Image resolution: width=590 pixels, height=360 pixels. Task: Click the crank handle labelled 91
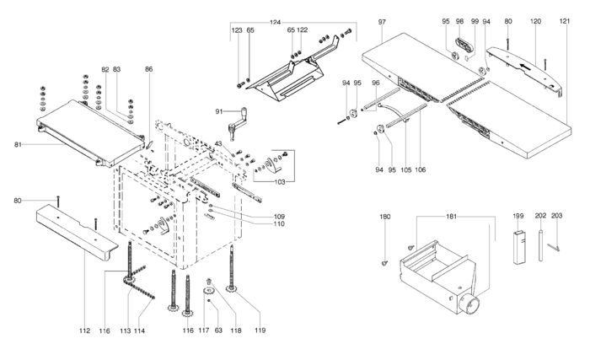238,121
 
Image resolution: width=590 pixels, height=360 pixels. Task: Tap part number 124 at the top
275,22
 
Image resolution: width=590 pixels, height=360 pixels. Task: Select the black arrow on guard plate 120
527,67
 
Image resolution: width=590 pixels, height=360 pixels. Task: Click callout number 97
382,22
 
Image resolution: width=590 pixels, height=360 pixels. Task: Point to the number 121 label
565,21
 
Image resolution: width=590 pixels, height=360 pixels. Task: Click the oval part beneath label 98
464,45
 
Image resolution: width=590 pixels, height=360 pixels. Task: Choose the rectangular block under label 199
518,247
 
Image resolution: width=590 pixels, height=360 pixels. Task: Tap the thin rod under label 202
541,245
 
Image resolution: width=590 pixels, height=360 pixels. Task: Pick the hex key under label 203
554,247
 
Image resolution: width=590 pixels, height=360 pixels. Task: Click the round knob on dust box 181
470,304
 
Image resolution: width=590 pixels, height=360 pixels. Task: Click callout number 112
84,330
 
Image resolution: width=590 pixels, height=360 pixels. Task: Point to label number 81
18,144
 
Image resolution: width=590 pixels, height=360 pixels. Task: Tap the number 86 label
149,69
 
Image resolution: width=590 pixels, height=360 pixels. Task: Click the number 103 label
280,182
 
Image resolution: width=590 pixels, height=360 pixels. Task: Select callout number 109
279,217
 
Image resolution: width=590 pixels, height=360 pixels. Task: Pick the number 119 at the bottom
260,330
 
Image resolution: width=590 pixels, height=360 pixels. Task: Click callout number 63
218,330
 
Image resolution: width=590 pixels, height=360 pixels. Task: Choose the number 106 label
421,169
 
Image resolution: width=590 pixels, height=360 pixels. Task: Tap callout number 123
237,30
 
